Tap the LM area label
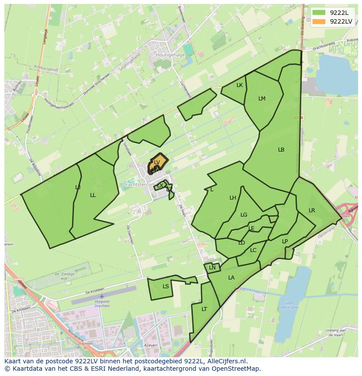[262, 99]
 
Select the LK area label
[240, 85]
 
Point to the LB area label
[281, 150]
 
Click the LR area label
[312, 210]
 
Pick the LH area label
[233, 198]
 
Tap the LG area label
[244, 215]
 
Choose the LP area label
[285, 241]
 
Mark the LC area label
[253, 250]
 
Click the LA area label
[231, 278]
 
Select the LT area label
[204, 309]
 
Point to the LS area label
[166, 286]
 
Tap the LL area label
[93, 195]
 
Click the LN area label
[212, 268]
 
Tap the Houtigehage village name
[170, 55]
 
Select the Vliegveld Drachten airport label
[102, 304]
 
